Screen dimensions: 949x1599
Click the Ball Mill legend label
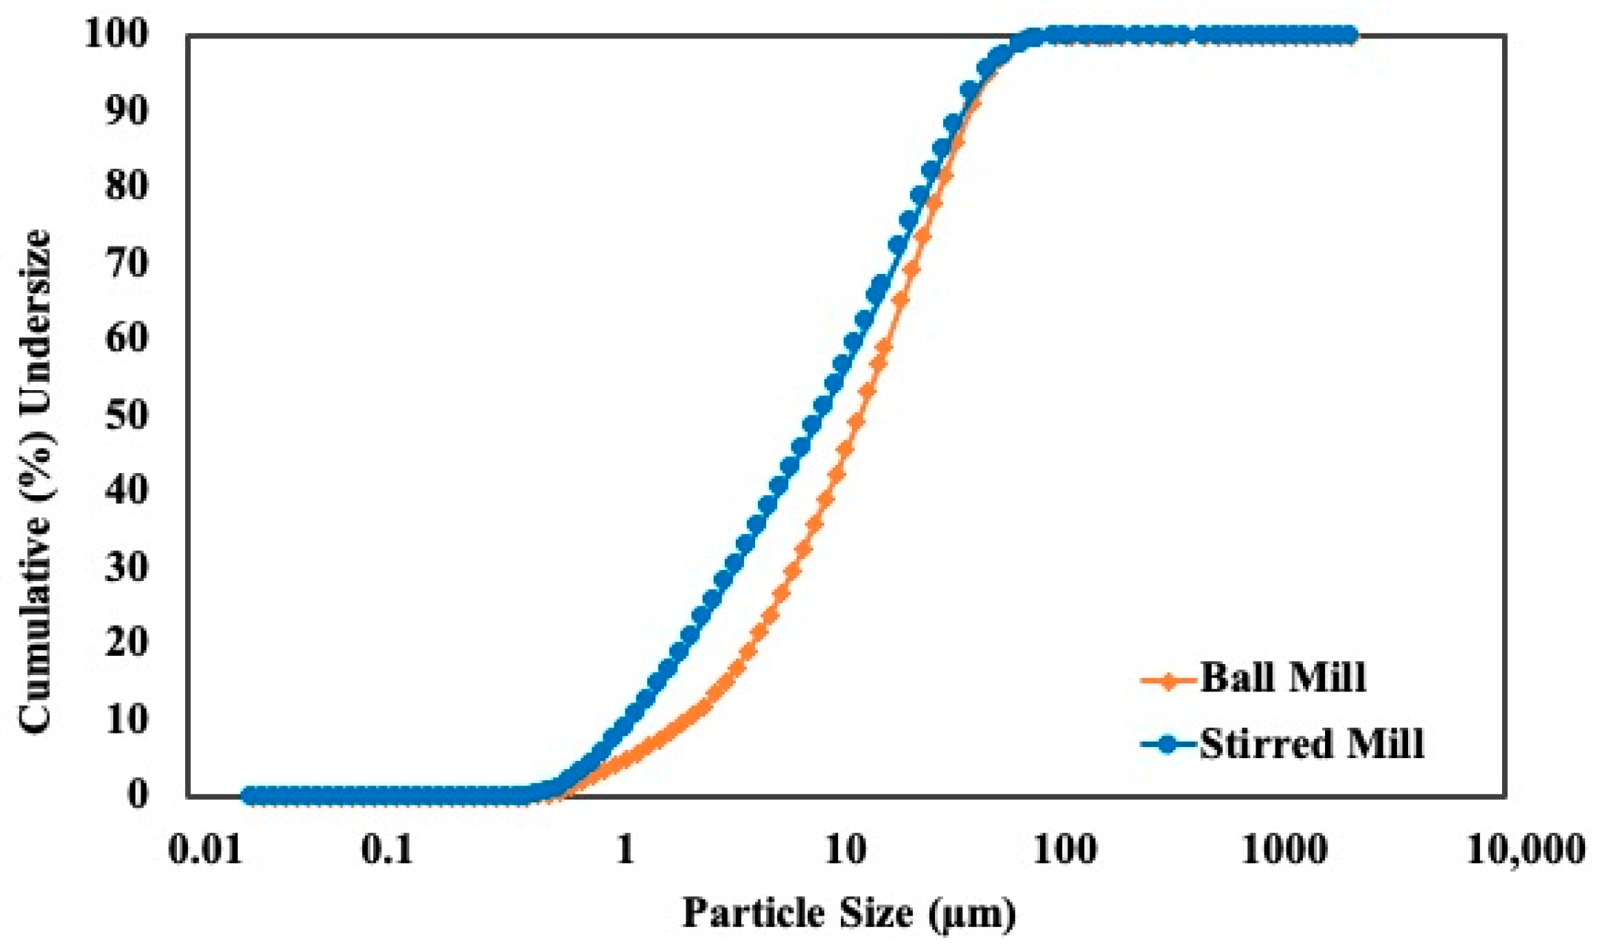pos(1282,677)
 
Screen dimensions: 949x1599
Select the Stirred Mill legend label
pos(1311,744)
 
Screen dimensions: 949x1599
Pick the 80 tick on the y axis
pos(127,186)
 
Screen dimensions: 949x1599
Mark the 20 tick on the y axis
pos(127,643)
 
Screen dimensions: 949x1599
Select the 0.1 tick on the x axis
pos(386,850)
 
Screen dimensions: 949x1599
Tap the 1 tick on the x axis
pos(626,850)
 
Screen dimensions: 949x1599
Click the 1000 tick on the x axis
pos(1284,850)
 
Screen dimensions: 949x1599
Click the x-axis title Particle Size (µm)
pos(848,913)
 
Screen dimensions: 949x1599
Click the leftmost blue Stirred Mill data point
pos(249,796)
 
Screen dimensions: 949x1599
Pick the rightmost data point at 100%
pos(1350,35)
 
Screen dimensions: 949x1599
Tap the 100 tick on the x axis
pos(1065,850)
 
